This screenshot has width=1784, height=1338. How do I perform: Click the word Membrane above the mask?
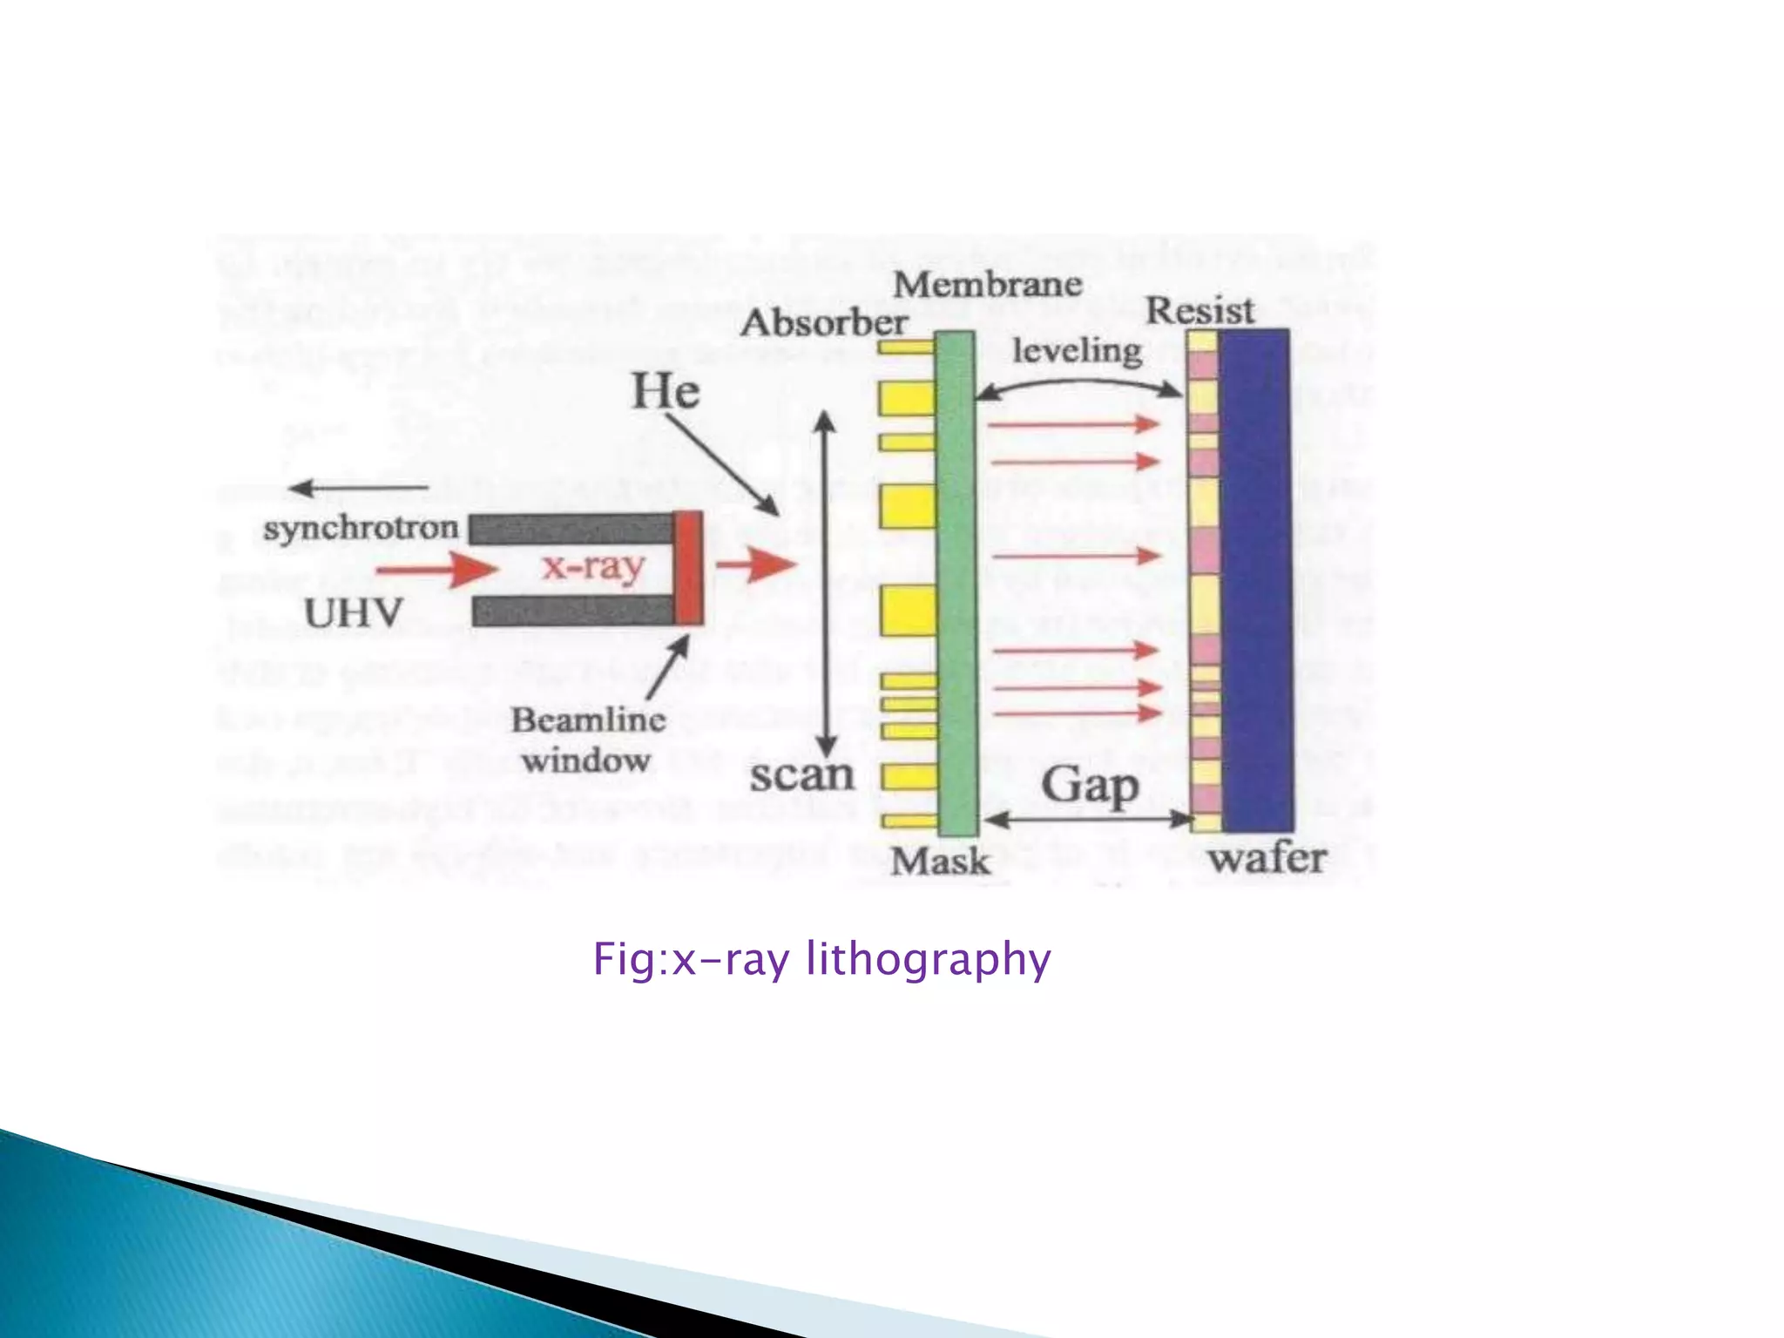point(987,284)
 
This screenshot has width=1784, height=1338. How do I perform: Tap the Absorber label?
point(823,323)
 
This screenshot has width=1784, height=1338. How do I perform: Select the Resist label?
point(1199,310)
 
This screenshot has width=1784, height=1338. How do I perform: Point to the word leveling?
point(1077,351)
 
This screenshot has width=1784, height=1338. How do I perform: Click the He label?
point(666,390)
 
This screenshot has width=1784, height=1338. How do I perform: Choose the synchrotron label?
point(361,528)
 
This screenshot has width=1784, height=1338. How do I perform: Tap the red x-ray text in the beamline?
point(593,566)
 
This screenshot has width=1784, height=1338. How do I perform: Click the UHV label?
point(353,613)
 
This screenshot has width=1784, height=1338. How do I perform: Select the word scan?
point(801,774)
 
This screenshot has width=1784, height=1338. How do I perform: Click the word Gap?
point(1090,785)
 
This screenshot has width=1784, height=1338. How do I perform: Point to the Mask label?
point(940,862)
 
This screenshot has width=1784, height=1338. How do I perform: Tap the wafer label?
point(1267,859)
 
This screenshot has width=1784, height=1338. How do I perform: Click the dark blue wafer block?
point(1254,579)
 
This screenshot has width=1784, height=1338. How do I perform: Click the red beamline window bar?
point(689,568)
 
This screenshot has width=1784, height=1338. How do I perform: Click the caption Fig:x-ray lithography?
point(821,959)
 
